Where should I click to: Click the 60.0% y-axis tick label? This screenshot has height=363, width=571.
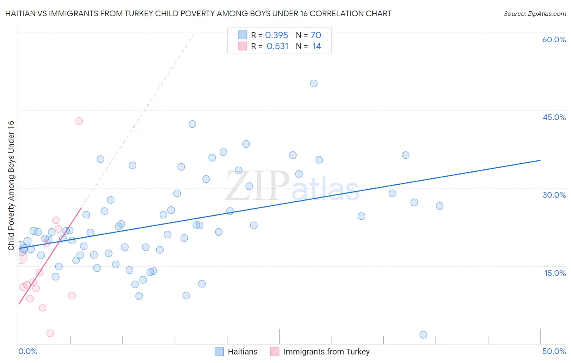coord(554,39)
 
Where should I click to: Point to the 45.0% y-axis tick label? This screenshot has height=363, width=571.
coord(554,117)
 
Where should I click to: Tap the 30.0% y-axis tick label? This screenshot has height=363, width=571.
coord(554,195)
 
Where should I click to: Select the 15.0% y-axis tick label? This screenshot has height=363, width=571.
coord(555,273)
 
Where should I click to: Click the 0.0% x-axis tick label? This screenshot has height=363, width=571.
coord(28,351)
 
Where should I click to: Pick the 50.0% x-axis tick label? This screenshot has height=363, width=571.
coord(554,351)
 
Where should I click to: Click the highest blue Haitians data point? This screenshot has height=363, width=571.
coord(314,83)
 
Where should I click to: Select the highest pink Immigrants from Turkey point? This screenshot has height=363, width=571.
coord(79,121)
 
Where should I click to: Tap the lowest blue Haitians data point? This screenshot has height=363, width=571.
coord(423,335)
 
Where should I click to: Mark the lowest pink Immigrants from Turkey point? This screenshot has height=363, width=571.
coord(50,333)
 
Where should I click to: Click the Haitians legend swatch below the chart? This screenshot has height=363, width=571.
coord(219,352)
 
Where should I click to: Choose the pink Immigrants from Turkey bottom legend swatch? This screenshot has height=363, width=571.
coord(275,352)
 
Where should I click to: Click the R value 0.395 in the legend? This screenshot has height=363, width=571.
coord(277,35)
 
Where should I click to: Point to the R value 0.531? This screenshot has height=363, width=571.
coord(277,46)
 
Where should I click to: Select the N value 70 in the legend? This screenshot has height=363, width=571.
coord(316,35)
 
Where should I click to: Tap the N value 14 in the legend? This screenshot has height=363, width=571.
coord(317,46)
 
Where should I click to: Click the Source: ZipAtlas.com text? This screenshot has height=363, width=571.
coord(534,14)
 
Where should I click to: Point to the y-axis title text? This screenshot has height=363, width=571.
coord(11,185)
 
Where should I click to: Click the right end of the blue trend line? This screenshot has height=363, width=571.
coord(540,160)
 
